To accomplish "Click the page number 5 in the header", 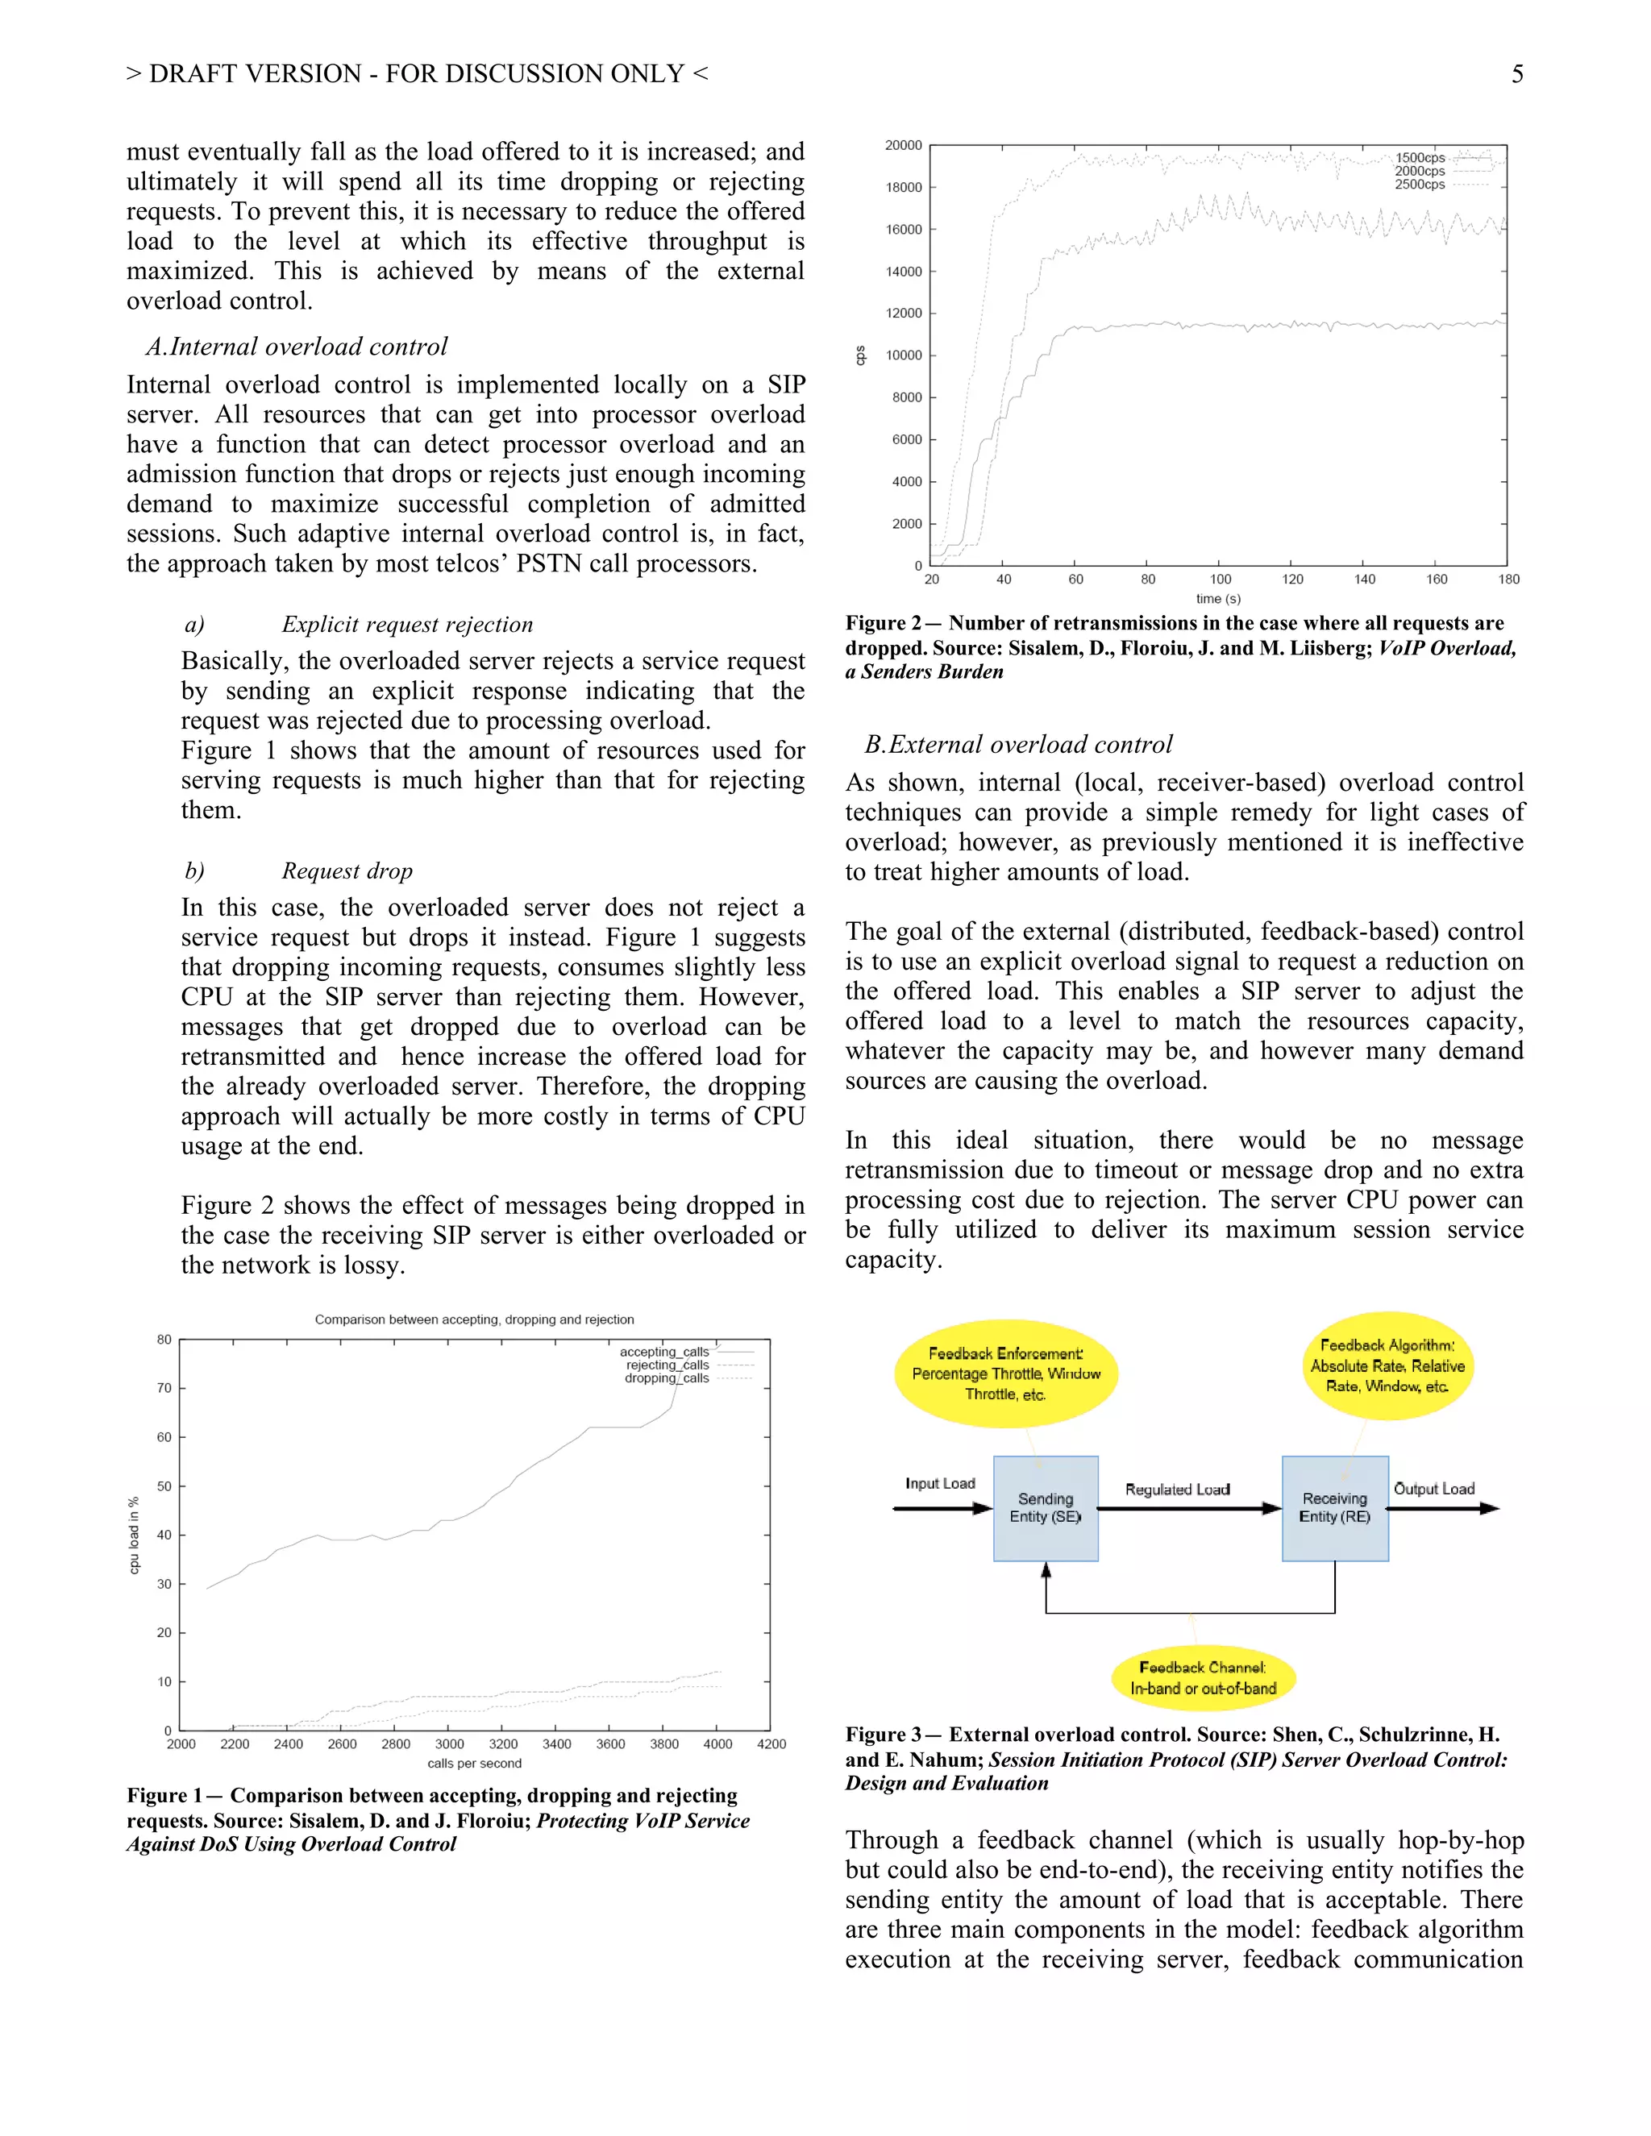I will (x=1516, y=74).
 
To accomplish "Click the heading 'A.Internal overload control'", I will (x=297, y=347).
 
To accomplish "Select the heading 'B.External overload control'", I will (x=1017, y=746).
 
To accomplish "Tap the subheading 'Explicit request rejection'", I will (x=407, y=625).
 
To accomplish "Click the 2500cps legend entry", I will (x=1420, y=185).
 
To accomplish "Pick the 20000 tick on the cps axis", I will (x=903, y=146).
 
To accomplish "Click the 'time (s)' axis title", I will (x=1218, y=599).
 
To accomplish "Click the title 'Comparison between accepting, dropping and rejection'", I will (x=474, y=1319).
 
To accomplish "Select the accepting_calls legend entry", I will (x=665, y=1352).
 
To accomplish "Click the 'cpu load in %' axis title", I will (x=134, y=1536).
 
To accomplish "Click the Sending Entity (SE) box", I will (x=1045, y=1508).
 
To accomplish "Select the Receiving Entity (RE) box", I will (x=1334, y=1508).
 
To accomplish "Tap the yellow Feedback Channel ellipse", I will (x=1203, y=1678).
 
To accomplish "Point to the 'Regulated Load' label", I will (x=1177, y=1490).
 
